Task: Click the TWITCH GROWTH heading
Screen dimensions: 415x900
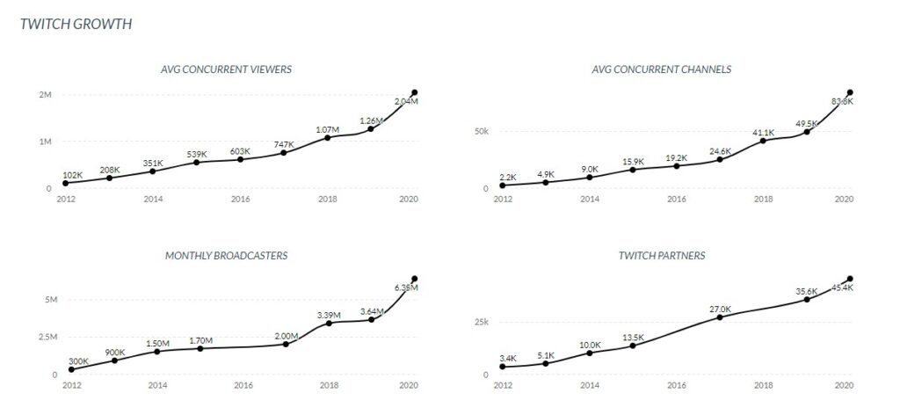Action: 76,24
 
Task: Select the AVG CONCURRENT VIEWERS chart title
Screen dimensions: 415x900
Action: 226,69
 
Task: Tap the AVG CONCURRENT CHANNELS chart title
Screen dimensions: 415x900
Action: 674,69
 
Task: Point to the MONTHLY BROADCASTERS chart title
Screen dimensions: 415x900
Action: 226,256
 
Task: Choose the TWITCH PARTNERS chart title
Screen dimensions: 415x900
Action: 674,256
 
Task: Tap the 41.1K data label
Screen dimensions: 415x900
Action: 762,132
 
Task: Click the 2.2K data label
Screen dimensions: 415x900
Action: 508,177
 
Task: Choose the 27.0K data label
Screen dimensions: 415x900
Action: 720,309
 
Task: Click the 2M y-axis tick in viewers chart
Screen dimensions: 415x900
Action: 45,94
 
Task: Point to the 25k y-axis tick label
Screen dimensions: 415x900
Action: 481,322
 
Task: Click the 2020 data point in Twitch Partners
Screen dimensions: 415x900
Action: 850,279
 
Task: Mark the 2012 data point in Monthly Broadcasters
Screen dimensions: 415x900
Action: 71,369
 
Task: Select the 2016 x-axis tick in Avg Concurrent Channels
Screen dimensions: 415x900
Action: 676,200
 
